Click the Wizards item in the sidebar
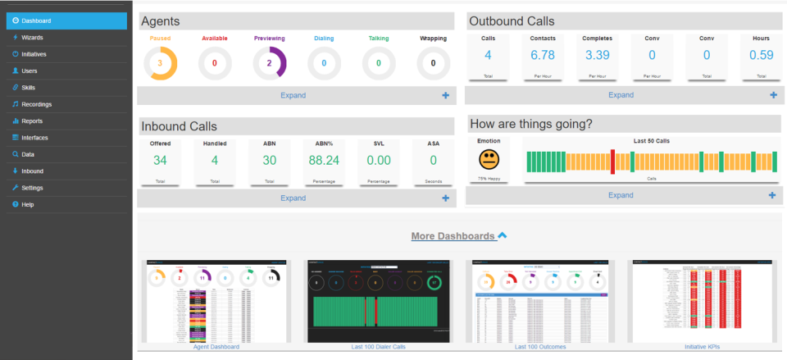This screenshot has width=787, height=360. tap(33, 38)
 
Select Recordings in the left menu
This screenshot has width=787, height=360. tap(36, 104)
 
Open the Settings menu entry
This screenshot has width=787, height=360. tap(32, 188)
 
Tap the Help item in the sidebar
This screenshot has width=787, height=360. tap(28, 204)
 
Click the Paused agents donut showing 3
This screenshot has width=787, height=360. tap(161, 63)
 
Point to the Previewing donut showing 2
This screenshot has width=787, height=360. tap(270, 63)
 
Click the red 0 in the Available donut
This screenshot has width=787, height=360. tap(215, 63)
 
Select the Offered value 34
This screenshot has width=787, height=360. tap(160, 161)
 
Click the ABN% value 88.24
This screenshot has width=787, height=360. tap(324, 161)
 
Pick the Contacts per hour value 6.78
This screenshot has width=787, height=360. tap(543, 56)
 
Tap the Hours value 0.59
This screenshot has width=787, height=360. tap(761, 56)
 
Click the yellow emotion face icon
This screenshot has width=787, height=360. tap(488, 158)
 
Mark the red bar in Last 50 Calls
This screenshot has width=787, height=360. tap(612, 162)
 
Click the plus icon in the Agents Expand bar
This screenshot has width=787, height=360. tap(445, 95)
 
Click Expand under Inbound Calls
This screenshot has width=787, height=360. tap(293, 198)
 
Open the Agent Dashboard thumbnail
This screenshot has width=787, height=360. tap(217, 301)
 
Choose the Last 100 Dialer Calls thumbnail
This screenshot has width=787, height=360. tap(377, 301)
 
